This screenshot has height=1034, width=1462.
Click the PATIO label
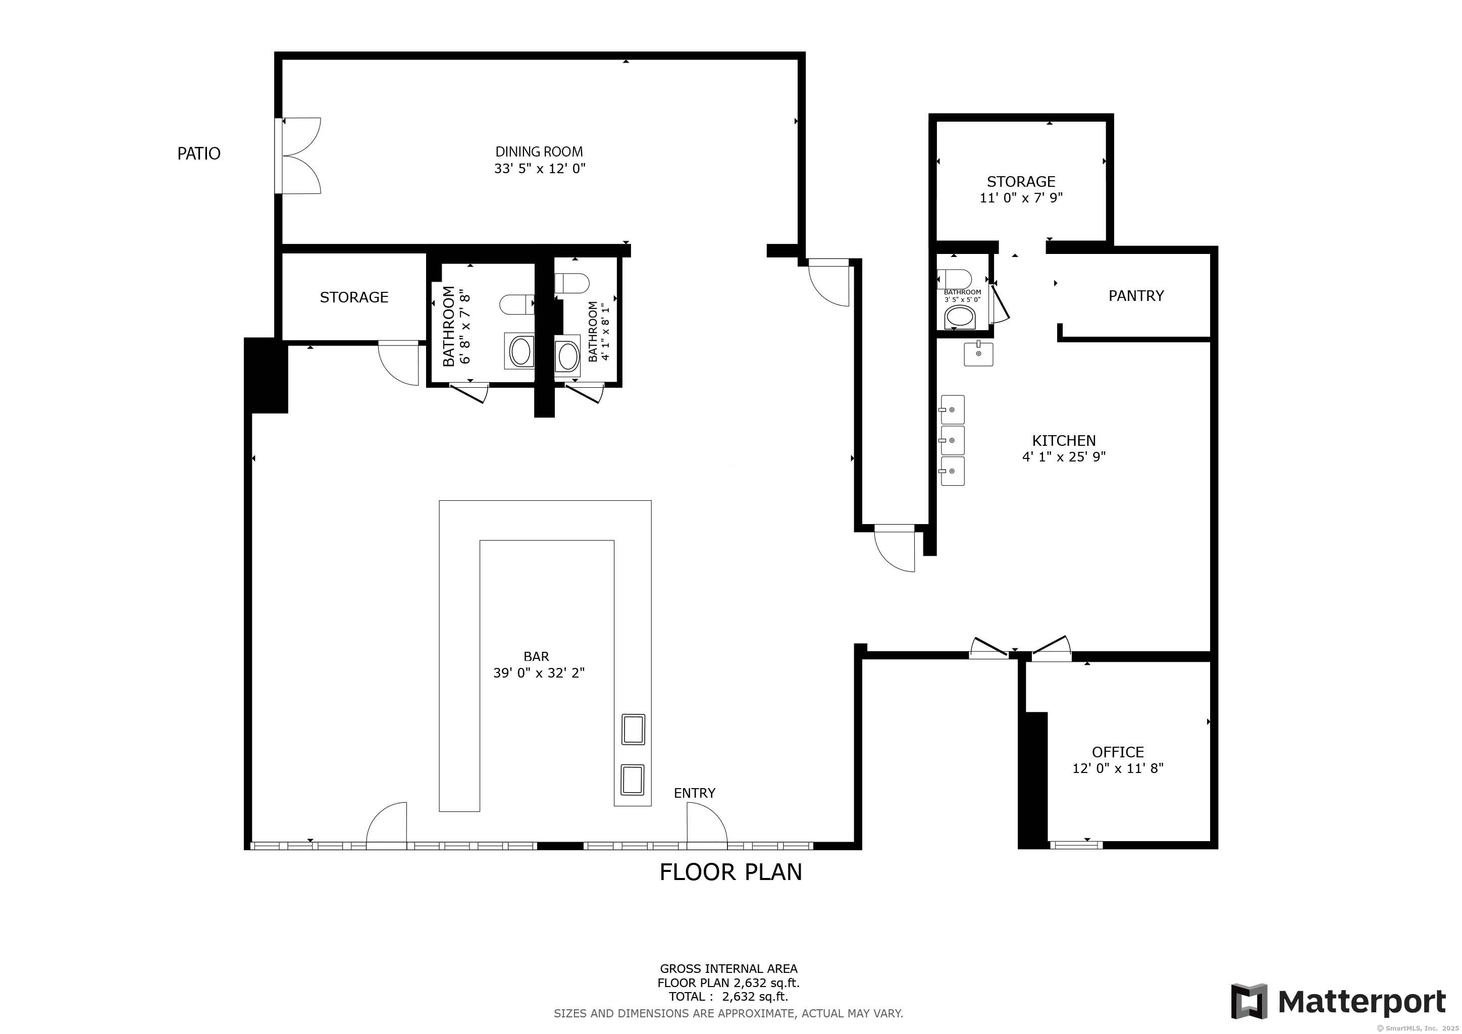click(x=199, y=153)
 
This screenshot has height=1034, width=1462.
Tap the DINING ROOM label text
click(x=539, y=151)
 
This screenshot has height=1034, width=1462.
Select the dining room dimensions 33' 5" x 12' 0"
click(x=539, y=169)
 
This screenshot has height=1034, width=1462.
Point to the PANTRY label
click(x=1136, y=295)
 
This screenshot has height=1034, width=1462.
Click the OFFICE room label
click(x=1118, y=752)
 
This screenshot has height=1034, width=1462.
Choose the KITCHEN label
click(x=1063, y=441)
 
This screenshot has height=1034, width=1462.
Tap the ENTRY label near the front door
click(x=694, y=793)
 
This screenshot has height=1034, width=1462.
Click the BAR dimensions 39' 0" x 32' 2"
click(x=539, y=673)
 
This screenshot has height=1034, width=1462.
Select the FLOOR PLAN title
click(x=730, y=871)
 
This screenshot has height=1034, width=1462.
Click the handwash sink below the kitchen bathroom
click(x=978, y=353)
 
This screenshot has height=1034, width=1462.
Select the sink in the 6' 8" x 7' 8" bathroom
click(x=520, y=351)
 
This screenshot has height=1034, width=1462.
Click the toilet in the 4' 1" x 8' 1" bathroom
click(x=572, y=283)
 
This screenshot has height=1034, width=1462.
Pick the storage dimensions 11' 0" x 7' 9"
click(x=1021, y=198)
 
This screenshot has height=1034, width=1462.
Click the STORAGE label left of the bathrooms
click(x=354, y=297)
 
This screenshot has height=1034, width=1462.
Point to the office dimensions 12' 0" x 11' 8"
click(x=1118, y=768)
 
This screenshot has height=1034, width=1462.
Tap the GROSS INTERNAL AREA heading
click(x=728, y=969)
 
